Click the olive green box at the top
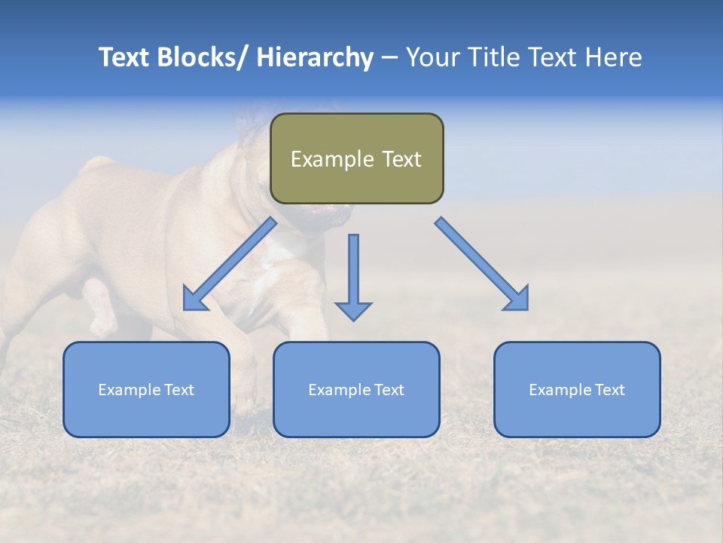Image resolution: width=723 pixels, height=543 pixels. click(x=356, y=158)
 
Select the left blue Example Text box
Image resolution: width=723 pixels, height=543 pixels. click(x=146, y=389)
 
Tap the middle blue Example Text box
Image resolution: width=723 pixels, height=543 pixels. click(x=356, y=389)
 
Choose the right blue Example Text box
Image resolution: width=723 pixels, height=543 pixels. click(x=577, y=389)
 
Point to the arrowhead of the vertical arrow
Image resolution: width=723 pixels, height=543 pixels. click(x=353, y=310)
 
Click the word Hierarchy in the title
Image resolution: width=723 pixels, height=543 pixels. click(x=315, y=57)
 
